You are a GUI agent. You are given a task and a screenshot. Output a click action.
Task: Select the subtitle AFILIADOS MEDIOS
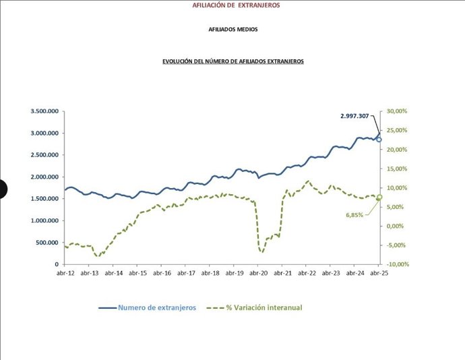click(233, 30)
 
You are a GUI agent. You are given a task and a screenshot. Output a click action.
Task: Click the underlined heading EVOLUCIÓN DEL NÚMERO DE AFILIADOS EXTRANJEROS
click(233, 61)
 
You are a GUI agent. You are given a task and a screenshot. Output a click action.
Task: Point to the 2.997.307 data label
click(354, 116)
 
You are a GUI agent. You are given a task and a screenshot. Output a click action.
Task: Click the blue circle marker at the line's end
click(379, 140)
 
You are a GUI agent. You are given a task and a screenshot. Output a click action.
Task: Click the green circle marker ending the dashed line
click(379, 198)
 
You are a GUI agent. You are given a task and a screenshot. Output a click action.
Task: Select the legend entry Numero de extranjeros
click(157, 307)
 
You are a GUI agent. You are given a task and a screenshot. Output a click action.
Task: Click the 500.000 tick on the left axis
click(46, 243)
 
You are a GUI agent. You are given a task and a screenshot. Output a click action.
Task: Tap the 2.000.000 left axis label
click(44, 177)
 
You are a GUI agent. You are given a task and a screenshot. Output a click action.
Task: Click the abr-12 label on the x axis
click(65, 274)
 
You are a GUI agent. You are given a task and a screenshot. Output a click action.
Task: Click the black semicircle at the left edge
click(2, 189)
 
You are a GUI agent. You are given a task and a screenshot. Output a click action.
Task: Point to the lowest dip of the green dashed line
click(261, 252)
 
